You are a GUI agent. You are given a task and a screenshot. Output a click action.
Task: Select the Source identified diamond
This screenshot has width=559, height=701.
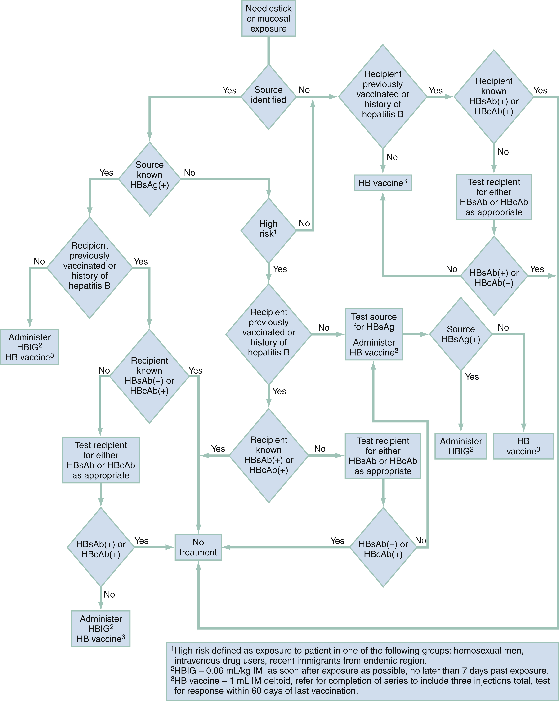268,97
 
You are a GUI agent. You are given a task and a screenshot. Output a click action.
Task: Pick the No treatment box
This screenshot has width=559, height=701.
198,547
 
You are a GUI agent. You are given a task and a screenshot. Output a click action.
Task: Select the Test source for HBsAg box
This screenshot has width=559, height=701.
374,334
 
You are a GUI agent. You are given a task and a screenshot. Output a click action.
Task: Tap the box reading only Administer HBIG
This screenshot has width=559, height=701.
461,446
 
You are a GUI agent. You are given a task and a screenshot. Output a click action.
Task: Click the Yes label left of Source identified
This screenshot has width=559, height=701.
229,90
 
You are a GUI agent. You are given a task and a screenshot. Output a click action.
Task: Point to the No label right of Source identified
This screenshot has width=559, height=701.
304,90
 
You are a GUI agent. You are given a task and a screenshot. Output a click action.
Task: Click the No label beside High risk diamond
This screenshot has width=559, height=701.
304,223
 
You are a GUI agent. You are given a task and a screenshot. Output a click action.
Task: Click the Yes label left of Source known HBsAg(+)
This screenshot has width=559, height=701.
106,173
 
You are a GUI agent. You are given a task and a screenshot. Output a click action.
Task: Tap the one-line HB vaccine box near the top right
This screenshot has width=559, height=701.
383,183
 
